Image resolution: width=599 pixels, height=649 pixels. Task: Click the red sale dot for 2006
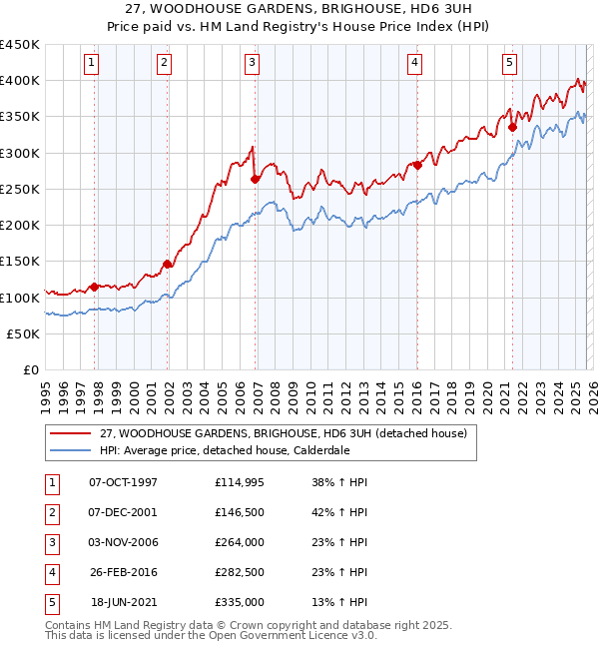(x=256, y=180)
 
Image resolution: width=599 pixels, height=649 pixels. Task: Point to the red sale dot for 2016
(x=417, y=166)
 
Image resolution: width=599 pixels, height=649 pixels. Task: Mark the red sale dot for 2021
(x=512, y=127)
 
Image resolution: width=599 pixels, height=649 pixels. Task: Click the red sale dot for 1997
(x=95, y=287)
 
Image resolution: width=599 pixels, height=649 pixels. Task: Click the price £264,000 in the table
(x=239, y=542)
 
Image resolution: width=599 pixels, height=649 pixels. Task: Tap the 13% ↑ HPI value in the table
(x=339, y=602)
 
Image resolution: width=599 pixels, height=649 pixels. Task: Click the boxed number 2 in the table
(x=50, y=512)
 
